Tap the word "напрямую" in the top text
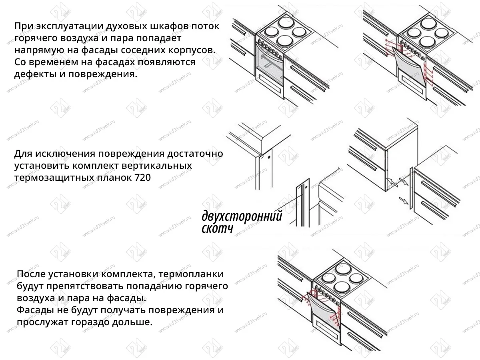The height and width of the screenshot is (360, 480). (34, 51)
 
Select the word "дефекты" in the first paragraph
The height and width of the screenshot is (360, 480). (30, 75)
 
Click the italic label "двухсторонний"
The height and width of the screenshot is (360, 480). (242, 216)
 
